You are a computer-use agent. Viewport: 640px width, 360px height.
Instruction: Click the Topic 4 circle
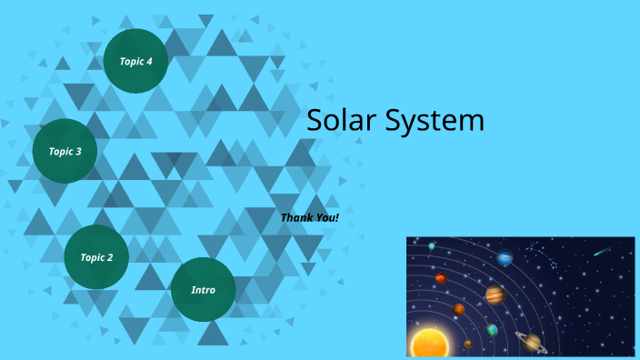tap(135, 61)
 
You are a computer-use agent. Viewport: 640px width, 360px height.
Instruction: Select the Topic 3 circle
tap(65, 151)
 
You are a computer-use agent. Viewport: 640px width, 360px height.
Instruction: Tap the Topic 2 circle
tap(96, 257)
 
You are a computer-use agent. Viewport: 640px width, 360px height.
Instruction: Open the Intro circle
tap(203, 290)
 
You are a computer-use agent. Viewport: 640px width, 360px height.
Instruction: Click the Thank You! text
tap(309, 217)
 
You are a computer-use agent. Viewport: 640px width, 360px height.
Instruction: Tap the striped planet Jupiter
tap(495, 295)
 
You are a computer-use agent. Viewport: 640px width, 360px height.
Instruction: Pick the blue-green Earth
tap(492, 330)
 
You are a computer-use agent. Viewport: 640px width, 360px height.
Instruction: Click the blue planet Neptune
tap(505, 259)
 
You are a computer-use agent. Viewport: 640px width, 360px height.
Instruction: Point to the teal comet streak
tap(602, 251)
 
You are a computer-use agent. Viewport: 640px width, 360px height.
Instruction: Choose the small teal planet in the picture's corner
tap(432, 246)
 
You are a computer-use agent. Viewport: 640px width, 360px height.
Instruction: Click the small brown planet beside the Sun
tap(468, 344)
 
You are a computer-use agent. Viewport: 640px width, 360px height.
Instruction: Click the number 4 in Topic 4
tap(149, 61)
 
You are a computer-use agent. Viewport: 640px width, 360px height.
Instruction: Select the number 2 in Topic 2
tap(110, 257)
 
